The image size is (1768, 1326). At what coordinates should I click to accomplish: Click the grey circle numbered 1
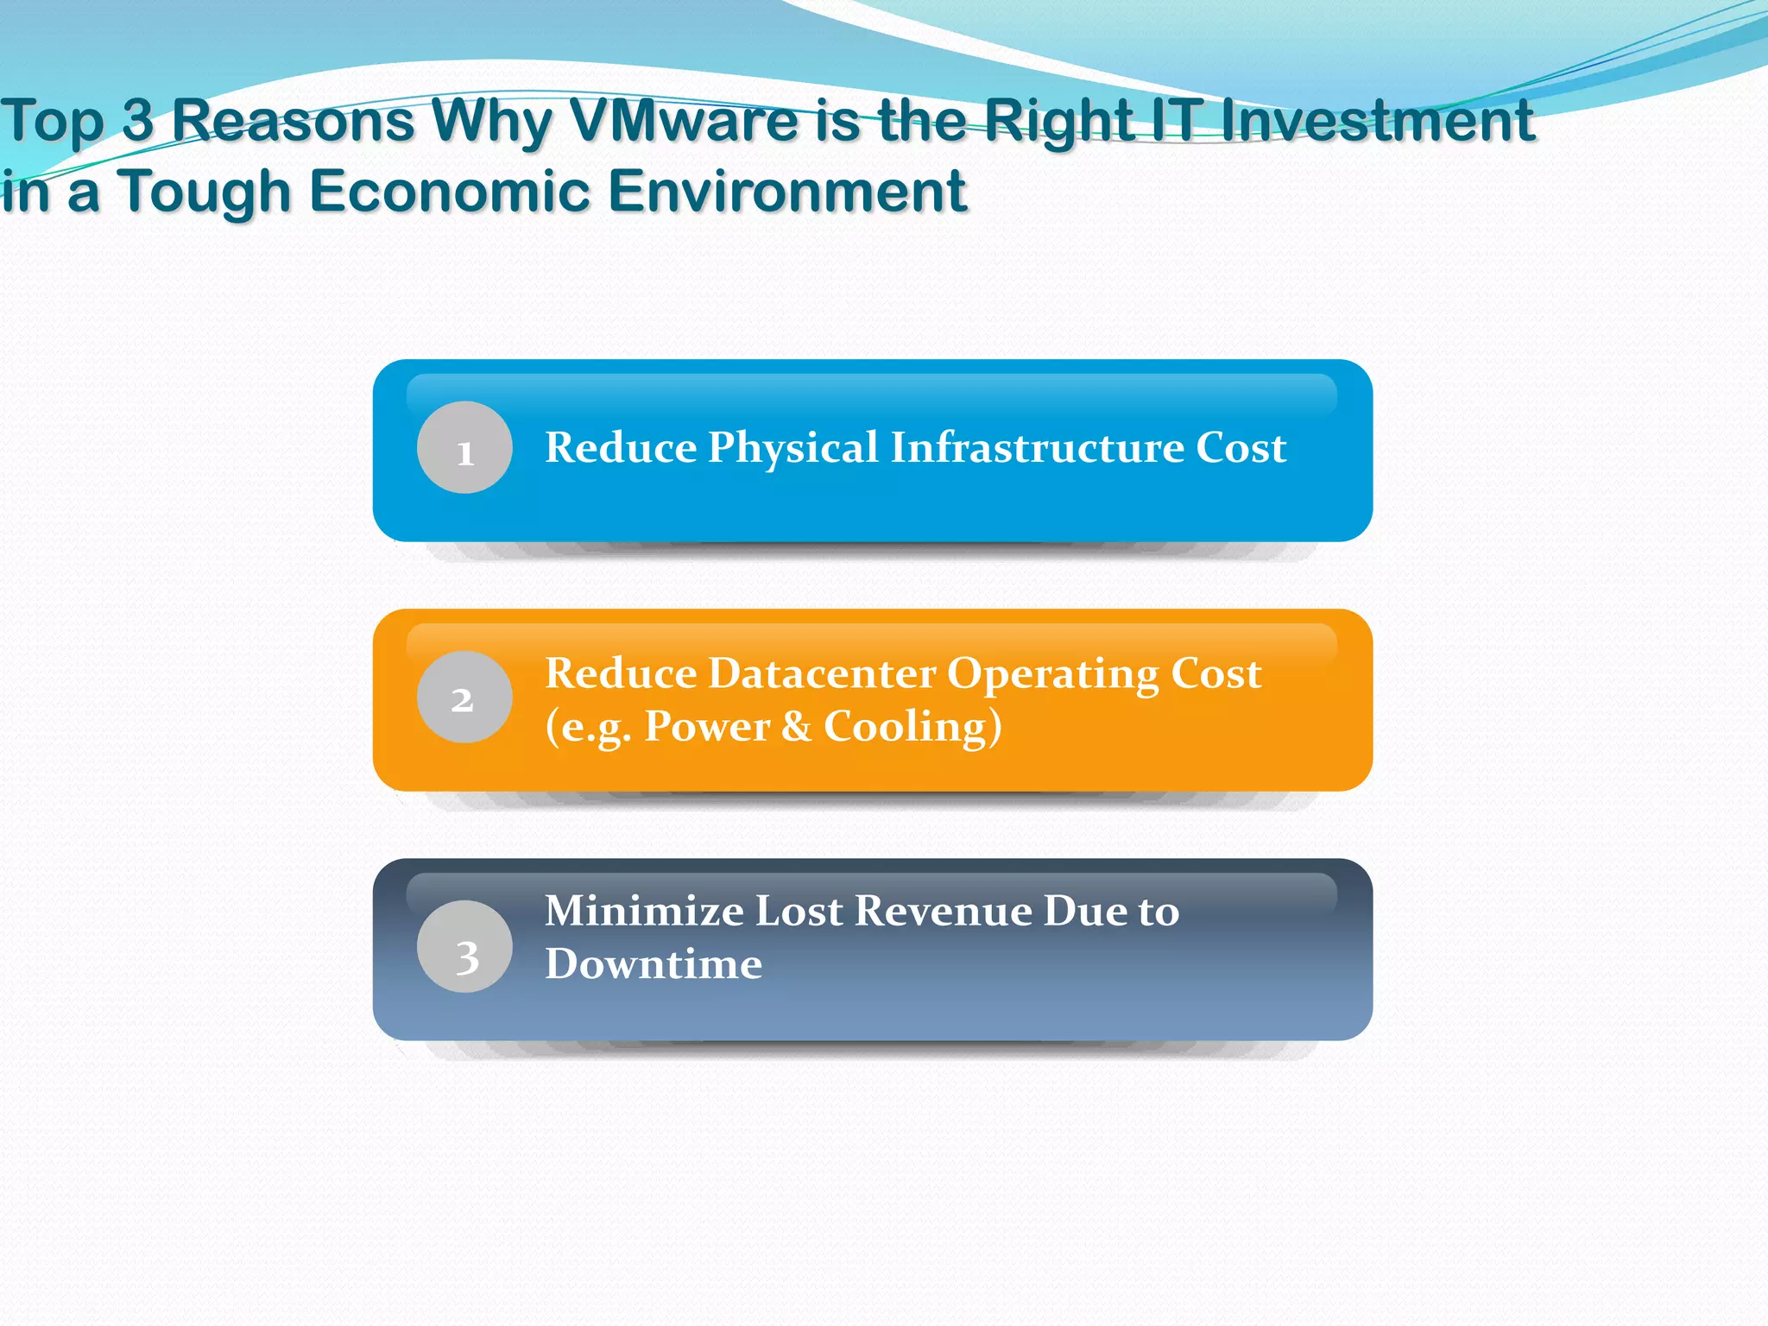[x=464, y=447]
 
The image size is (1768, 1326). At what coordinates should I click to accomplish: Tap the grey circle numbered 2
[x=464, y=697]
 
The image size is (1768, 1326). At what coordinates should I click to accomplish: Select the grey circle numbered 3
[x=464, y=946]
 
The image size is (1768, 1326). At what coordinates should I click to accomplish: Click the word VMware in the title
[x=685, y=121]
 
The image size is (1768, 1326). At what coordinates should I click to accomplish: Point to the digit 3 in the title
[x=137, y=121]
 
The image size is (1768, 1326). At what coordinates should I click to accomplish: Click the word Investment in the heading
[x=1379, y=121]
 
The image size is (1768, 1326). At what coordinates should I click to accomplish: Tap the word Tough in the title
[x=205, y=192]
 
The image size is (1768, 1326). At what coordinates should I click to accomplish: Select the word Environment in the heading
[x=786, y=192]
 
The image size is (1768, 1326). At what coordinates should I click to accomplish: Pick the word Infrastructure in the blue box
[x=1037, y=447]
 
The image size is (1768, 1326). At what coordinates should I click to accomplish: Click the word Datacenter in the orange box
[x=827, y=673]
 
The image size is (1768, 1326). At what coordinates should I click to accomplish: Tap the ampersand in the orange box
[x=796, y=726]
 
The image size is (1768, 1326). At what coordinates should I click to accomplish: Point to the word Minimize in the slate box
[x=644, y=911]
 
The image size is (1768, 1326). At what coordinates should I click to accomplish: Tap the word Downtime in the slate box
[x=654, y=963]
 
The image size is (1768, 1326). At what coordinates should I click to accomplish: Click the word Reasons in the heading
[x=294, y=121]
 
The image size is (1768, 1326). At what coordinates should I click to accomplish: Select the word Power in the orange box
[x=707, y=726]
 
